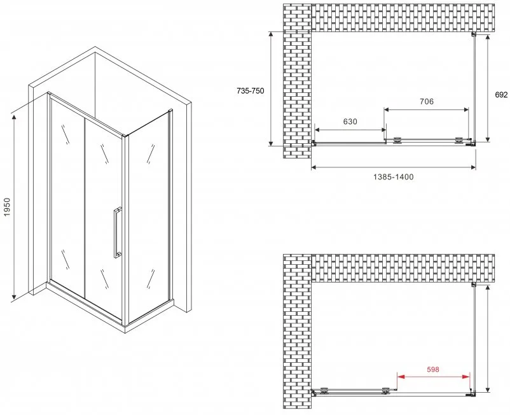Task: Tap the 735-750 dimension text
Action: point(251,91)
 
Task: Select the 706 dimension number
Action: point(427,102)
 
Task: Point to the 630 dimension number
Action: point(350,122)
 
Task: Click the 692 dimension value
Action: point(501,95)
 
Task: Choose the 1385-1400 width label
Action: point(393,177)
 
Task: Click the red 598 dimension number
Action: point(433,369)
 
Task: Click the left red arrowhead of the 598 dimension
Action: point(401,377)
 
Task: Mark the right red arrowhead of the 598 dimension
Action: point(466,377)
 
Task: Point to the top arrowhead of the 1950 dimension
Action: point(13,118)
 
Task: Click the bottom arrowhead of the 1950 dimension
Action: point(13,296)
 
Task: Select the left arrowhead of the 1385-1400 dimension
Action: point(315,167)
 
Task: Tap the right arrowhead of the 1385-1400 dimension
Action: point(472,167)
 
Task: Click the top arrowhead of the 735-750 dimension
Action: point(271,35)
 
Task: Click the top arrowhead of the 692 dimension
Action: point(487,38)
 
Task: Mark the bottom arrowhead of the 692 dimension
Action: point(487,138)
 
